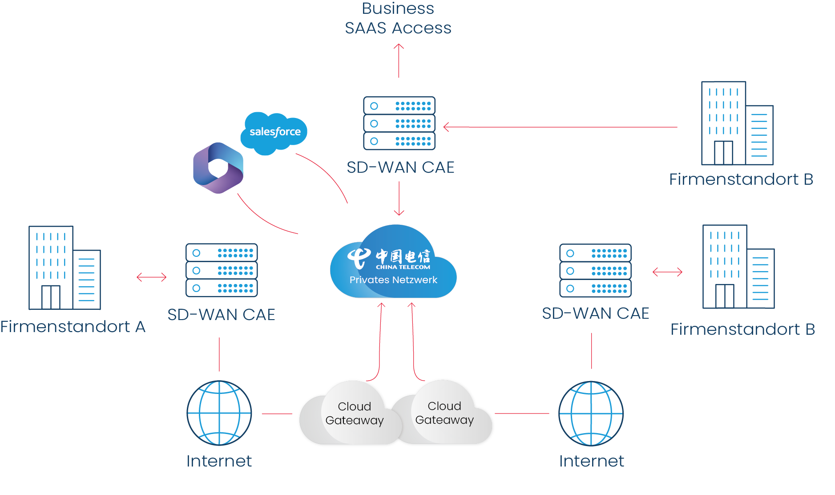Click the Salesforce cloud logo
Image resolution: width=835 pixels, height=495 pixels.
[x=274, y=132]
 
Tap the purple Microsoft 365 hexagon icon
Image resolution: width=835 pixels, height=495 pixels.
[x=218, y=168]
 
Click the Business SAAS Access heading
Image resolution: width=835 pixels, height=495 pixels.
[x=398, y=18]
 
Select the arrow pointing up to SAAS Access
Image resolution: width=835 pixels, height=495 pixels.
[x=399, y=61]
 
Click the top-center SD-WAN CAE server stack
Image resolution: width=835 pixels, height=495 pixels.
[x=399, y=123]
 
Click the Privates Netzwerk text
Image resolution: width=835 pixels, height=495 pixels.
[x=393, y=280]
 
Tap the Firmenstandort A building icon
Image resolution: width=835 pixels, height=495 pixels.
[x=65, y=268]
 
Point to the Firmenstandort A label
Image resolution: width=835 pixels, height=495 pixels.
[x=73, y=327]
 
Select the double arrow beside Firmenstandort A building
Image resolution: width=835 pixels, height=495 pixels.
[x=151, y=277]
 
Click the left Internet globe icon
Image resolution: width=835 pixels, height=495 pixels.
[x=219, y=413]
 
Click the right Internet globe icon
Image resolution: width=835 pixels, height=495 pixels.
[x=591, y=414]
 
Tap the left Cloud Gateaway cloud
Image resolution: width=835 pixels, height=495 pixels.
[x=351, y=414]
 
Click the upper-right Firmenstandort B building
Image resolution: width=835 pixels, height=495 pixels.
[x=737, y=123]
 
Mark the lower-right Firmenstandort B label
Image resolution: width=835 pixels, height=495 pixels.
[x=742, y=329]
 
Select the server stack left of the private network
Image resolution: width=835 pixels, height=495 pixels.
[x=222, y=270]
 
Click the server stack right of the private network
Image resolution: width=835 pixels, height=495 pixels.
[x=595, y=271]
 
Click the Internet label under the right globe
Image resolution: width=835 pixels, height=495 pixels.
[x=591, y=461]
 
